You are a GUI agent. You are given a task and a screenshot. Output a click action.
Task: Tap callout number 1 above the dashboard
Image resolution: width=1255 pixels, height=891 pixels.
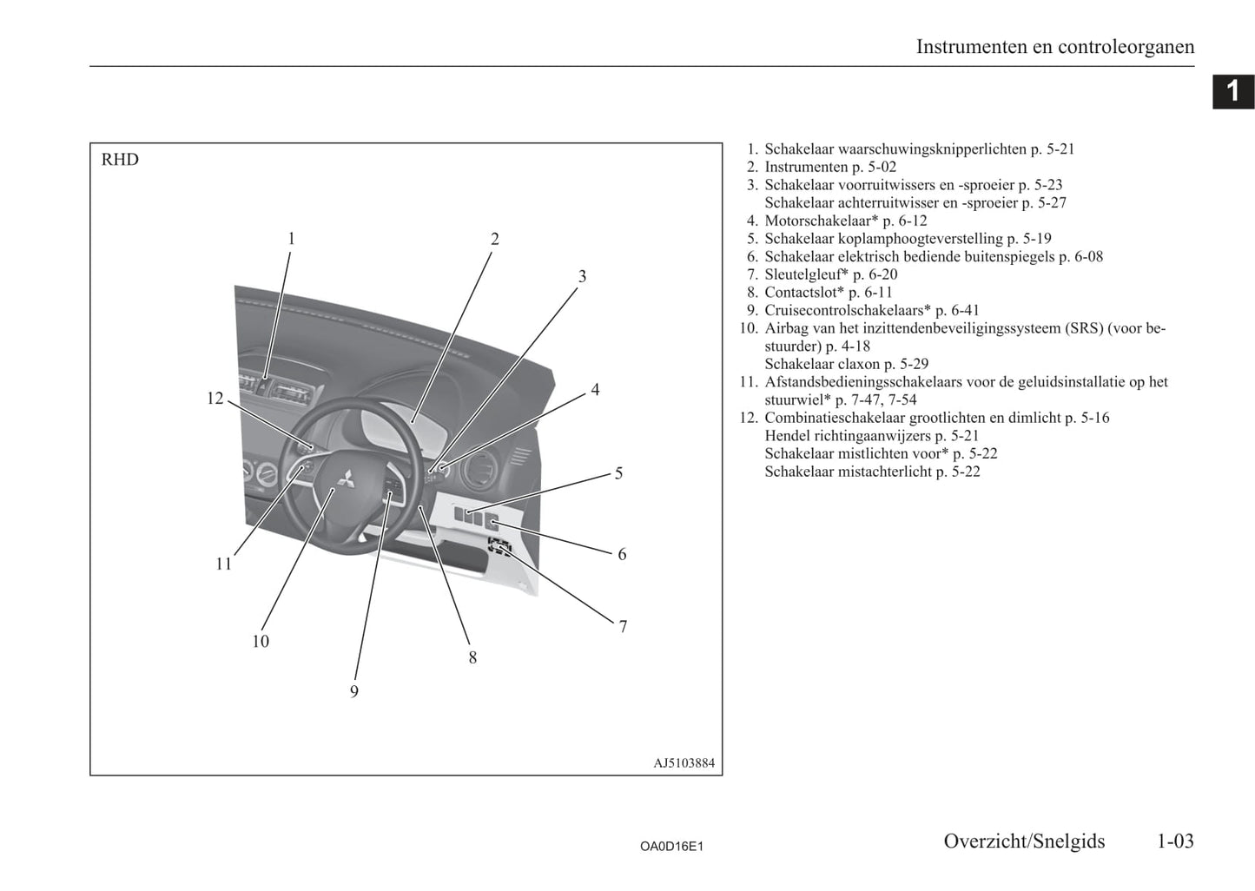(292, 239)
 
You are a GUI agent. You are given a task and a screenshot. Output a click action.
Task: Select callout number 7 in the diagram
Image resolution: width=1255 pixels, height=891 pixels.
(623, 626)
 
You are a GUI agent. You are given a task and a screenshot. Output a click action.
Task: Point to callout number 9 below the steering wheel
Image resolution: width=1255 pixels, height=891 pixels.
(354, 691)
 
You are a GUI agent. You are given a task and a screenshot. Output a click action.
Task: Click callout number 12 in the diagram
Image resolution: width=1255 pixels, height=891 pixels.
(215, 399)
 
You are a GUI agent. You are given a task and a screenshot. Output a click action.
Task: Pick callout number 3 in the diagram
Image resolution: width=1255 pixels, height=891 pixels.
(582, 276)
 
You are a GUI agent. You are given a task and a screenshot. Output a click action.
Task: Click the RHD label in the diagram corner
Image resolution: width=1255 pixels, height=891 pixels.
(120, 160)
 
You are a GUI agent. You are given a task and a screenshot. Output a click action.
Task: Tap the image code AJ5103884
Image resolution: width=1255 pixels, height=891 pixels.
(684, 763)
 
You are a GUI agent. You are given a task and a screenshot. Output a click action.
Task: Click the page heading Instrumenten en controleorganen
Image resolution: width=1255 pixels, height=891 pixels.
(1054, 47)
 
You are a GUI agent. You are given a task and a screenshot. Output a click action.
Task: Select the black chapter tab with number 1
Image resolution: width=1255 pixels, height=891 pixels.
(1232, 91)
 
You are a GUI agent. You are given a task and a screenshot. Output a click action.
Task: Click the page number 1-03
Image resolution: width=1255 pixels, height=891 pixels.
(1174, 841)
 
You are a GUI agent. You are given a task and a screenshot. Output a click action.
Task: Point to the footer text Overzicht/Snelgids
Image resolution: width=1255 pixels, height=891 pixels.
(1024, 841)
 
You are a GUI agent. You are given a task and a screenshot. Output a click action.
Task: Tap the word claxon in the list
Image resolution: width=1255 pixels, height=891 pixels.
(859, 364)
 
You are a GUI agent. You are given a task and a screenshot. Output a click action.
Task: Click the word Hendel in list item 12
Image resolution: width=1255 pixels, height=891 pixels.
(787, 436)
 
